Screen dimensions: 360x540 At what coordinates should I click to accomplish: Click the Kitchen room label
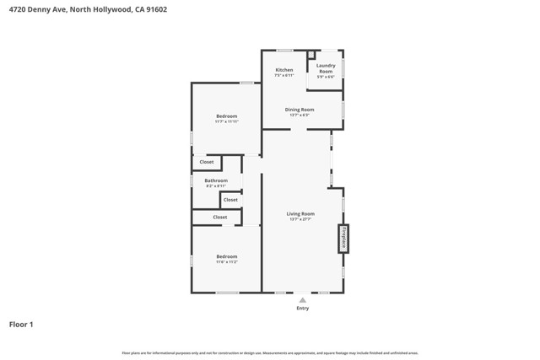coord(284,70)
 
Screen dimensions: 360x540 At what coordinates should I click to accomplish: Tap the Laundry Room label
coord(326,66)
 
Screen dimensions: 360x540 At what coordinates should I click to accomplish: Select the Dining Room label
coord(300,110)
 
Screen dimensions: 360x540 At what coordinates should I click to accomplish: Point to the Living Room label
coord(300,214)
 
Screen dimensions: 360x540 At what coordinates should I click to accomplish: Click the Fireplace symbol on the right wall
coord(344,239)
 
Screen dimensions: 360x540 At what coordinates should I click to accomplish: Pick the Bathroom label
coord(216,180)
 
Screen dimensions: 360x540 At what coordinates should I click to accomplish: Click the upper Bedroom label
coord(226,116)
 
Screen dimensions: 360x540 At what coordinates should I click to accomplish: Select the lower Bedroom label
coord(226,256)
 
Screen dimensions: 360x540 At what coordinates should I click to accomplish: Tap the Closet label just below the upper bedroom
coord(207,162)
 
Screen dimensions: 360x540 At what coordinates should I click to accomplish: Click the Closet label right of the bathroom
coord(230,200)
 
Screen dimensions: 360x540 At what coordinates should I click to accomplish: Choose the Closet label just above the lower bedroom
coord(219,218)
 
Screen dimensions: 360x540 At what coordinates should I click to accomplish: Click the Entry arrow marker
coord(302,299)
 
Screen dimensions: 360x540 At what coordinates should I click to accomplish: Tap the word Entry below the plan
coord(302,309)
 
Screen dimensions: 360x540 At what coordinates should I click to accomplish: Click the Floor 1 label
coord(21,324)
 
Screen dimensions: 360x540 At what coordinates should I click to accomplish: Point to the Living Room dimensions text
coord(300,219)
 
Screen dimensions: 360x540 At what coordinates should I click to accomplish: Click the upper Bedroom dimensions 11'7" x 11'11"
coord(226,121)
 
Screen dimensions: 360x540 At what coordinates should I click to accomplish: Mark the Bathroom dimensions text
coord(216,185)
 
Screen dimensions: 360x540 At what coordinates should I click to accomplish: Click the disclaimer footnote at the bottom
coord(270,353)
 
